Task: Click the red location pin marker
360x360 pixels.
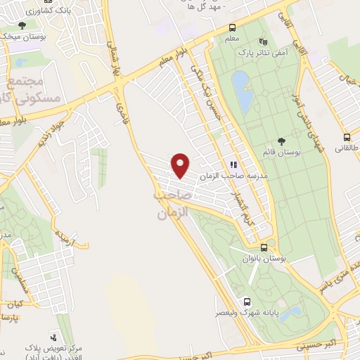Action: click(181, 165)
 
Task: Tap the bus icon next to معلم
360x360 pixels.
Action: click(232, 29)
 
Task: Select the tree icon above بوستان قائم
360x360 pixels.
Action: click(282, 141)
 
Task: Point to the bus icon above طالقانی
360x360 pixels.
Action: click(347, 137)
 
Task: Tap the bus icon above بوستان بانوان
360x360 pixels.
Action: click(264, 247)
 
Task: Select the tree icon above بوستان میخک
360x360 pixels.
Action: click(22, 25)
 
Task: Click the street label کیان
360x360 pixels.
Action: click(15, 304)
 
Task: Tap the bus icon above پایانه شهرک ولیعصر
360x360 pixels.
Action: click(245, 300)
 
